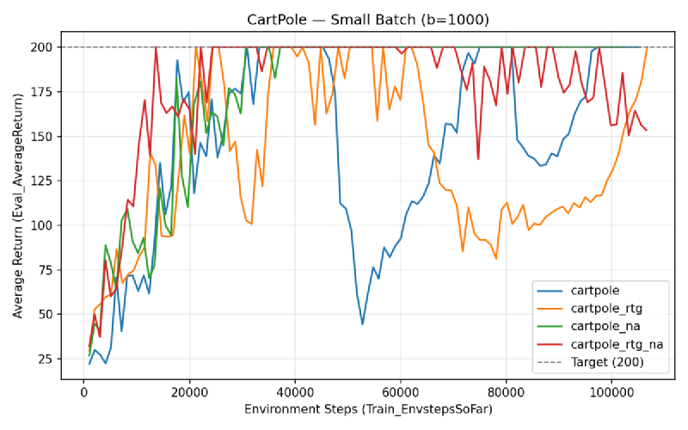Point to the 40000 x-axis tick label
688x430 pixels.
(295, 390)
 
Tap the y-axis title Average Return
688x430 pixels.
(18, 207)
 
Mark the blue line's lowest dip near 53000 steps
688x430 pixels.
(363, 324)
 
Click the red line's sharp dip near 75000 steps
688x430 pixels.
(478, 159)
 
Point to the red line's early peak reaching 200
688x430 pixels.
(156, 47)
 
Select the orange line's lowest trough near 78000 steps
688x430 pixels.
(496, 258)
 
